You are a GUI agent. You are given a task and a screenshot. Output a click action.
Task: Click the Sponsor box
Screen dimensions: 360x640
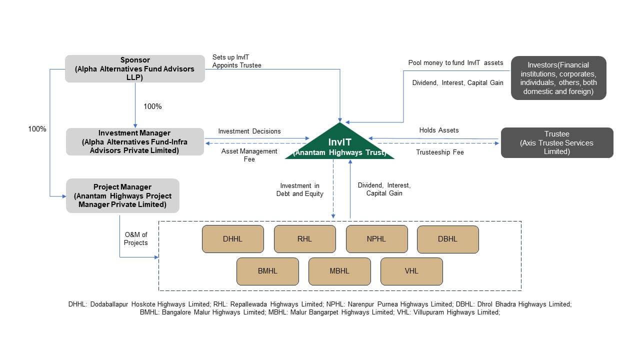tap(135, 69)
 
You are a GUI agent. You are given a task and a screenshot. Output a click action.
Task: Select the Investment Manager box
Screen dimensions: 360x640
tap(135, 141)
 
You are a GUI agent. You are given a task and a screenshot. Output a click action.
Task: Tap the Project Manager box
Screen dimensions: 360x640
tap(122, 195)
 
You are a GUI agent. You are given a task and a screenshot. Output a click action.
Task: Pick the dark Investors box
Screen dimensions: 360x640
tap(558, 78)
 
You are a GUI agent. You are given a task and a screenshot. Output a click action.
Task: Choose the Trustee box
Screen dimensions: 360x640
tap(557, 143)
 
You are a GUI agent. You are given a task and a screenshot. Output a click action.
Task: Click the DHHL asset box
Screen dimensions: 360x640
tap(232, 239)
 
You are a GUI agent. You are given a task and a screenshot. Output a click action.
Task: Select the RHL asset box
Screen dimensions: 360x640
tap(304, 239)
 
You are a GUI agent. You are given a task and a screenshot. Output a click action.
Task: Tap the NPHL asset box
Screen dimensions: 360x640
tap(376, 239)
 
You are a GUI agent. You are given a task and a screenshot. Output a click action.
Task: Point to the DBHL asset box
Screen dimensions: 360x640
tap(447, 239)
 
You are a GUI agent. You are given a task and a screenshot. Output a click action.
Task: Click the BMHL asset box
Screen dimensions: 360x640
tap(267, 271)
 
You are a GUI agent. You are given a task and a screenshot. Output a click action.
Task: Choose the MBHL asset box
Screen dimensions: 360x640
tap(339, 271)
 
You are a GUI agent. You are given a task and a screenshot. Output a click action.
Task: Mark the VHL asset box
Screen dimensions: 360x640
tap(411, 271)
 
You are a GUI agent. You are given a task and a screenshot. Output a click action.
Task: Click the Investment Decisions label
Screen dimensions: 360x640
tap(249, 131)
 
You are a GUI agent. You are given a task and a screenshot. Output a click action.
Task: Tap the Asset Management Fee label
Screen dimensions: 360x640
tap(249, 155)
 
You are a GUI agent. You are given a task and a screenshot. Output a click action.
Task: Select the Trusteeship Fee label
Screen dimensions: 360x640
tap(440, 152)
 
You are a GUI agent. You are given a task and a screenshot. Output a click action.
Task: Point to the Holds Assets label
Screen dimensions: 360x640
tap(439, 130)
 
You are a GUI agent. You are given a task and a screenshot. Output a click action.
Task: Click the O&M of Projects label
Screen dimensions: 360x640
tap(136, 239)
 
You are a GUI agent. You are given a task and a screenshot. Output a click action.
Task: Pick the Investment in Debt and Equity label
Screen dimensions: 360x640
tap(300, 189)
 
